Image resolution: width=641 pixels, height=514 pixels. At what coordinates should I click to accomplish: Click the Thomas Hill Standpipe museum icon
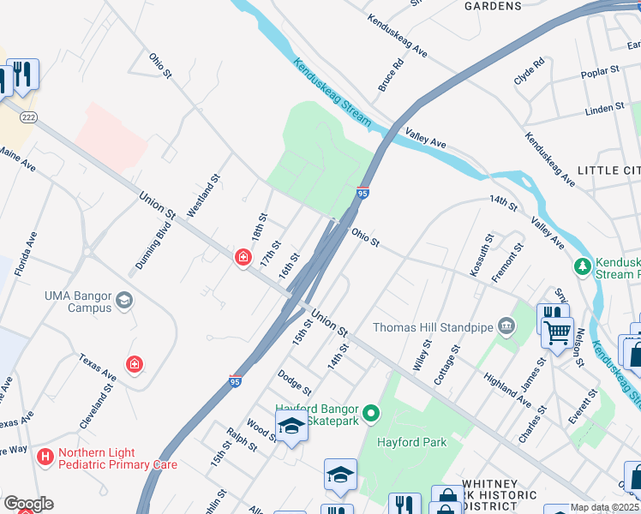[x=506, y=326]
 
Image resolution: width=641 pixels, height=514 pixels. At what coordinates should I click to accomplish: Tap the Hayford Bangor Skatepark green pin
[x=371, y=415]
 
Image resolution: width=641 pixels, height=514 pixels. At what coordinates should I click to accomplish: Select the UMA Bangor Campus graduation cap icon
[x=124, y=301]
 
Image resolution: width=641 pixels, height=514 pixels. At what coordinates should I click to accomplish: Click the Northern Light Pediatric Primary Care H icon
[x=45, y=457]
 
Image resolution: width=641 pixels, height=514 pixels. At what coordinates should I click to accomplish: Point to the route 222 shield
[x=28, y=117]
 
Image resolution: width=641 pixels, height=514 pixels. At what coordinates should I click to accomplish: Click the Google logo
[x=28, y=503]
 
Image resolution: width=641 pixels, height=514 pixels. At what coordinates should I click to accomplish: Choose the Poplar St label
[x=600, y=72]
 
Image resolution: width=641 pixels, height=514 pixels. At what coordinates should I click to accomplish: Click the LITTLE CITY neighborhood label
[x=608, y=171]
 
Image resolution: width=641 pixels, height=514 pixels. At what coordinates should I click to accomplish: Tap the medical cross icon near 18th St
[x=243, y=257]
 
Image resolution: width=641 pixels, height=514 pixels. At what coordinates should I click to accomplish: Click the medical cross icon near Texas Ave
[x=134, y=365]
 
